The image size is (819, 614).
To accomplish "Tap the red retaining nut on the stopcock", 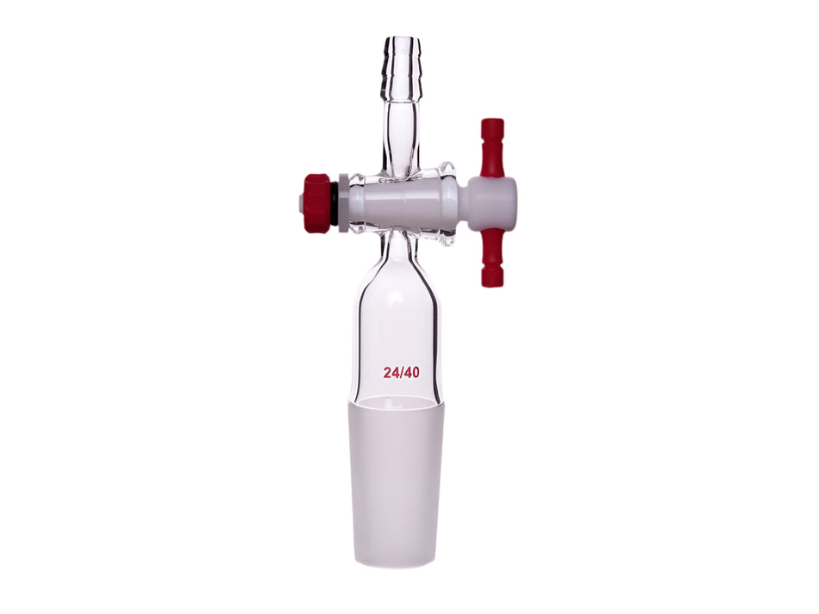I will click(x=318, y=202).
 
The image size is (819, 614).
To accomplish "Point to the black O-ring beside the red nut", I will click(x=334, y=203).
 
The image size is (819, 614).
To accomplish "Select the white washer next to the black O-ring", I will click(x=343, y=203).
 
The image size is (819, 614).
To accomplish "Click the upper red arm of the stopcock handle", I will click(x=491, y=146).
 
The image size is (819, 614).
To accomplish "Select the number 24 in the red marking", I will click(x=393, y=373).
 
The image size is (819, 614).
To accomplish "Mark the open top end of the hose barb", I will click(x=402, y=39).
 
